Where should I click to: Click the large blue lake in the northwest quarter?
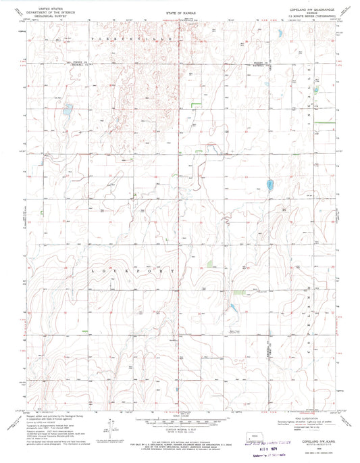point(67,108)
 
